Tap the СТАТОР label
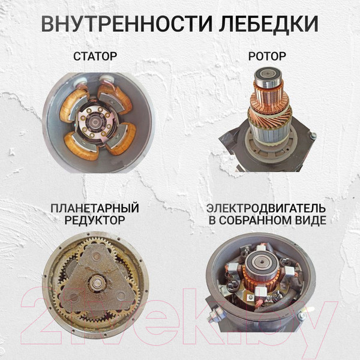(x=95, y=58)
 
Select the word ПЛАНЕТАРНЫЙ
(x=95, y=208)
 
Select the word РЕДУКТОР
(x=95, y=220)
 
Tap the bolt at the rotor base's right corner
(x=312, y=137)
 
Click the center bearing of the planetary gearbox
(x=96, y=283)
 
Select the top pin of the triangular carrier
(x=95, y=253)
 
